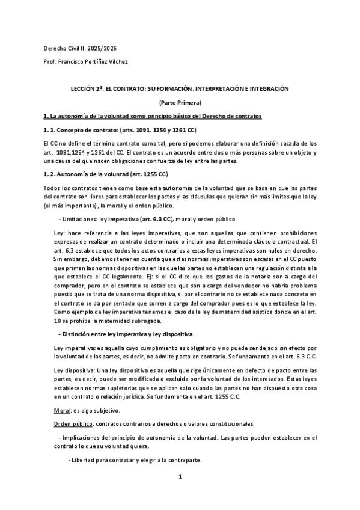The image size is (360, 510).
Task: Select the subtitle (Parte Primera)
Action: coord(180,102)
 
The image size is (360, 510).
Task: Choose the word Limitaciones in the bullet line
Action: coord(81,218)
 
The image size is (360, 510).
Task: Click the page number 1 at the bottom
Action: coord(180,478)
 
